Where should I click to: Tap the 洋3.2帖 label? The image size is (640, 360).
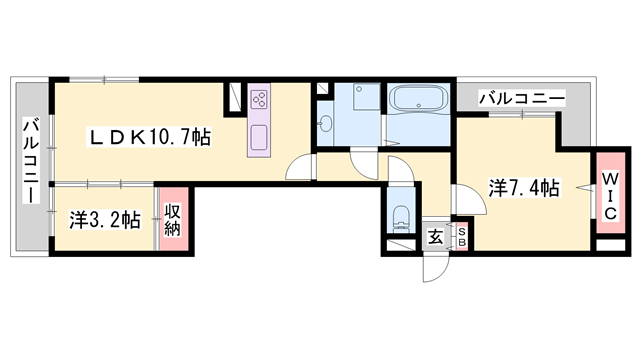pyautogui.click(x=104, y=220)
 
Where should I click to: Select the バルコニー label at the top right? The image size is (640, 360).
pyautogui.click(x=520, y=98)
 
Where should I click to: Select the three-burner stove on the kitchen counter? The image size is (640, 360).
pyautogui.click(x=260, y=99)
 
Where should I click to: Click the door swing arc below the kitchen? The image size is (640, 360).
pyautogui.click(x=299, y=170)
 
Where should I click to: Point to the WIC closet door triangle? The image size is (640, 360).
pyautogui.click(x=590, y=185)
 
